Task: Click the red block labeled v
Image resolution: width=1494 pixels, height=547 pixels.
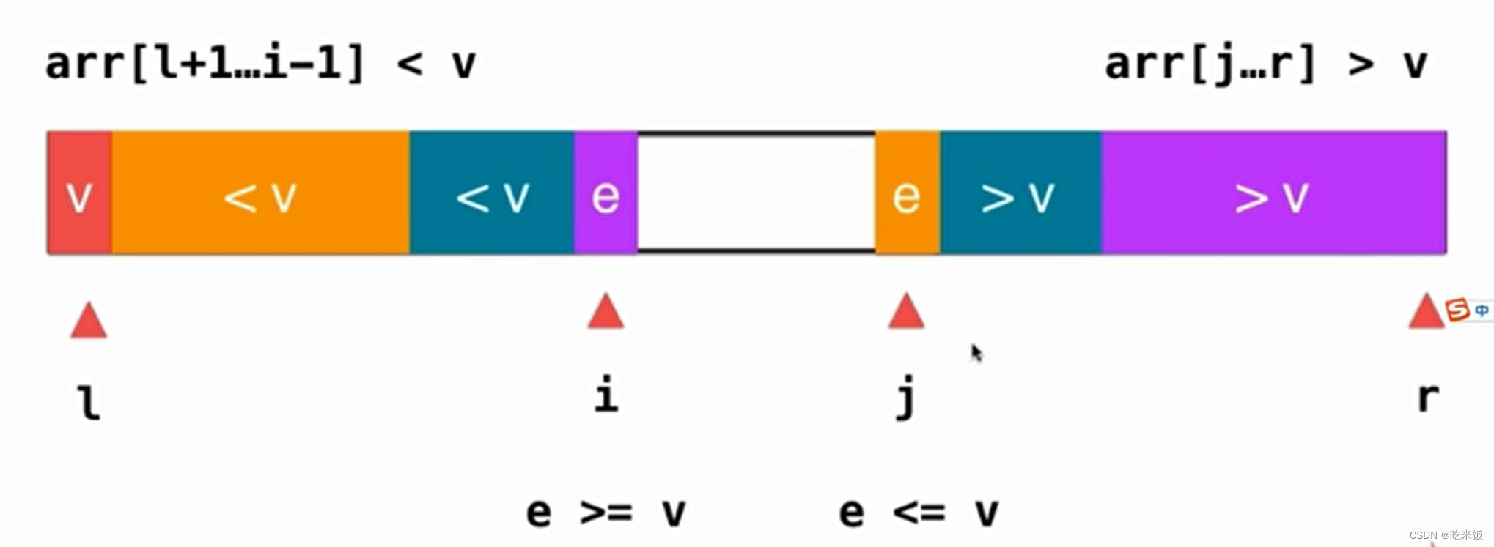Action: [x=79, y=193]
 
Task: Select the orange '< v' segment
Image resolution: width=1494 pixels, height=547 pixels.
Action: [x=261, y=193]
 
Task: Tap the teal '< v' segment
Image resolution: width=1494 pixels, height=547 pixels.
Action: [x=492, y=193]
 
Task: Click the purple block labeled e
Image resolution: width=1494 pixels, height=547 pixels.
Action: [x=606, y=193]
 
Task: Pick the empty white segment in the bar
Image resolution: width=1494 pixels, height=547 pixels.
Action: [x=757, y=193]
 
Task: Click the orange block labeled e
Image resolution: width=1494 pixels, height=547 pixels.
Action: [x=908, y=193]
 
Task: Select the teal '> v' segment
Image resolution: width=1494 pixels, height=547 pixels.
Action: [x=1020, y=193]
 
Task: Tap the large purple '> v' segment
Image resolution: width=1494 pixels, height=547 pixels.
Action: [x=1274, y=193]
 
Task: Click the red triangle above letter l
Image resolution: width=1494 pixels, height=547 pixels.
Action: [x=89, y=321]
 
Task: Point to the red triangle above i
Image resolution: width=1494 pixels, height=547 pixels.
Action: [x=606, y=312]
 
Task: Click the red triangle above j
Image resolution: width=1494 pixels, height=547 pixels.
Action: [x=906, y=312]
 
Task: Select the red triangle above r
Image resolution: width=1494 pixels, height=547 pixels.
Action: [x=1427, y=312]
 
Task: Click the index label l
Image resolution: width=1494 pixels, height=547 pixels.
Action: [x=89, y=403]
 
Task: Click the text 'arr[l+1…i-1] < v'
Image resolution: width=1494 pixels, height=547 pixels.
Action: [x=261, y=64]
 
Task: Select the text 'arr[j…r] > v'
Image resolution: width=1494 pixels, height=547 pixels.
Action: [x=1266, y=64]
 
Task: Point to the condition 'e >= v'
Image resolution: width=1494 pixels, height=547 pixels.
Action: [x=606, y=512]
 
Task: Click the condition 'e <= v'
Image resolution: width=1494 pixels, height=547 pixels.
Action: [x=919, y=512]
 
